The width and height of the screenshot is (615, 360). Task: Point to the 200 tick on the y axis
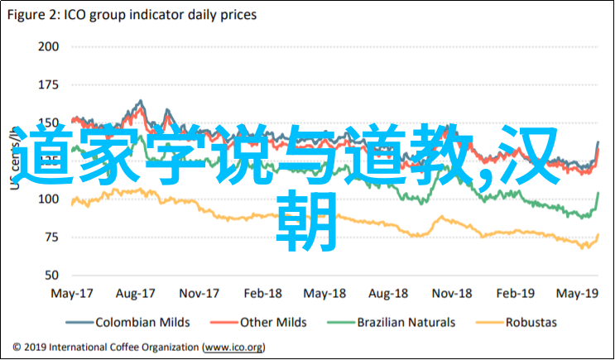click(49, 46)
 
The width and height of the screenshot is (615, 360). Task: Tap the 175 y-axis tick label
click(49, 84)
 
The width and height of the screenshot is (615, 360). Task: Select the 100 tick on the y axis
click(49, 199)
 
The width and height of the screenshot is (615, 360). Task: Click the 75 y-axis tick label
click(51, 238)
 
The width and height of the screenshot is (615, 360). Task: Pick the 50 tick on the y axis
click(51, 276)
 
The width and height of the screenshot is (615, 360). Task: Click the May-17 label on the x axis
click(72, 294)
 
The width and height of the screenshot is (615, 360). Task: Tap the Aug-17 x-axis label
click(137, 294)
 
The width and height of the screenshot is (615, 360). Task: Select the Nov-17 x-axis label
click(199, 294)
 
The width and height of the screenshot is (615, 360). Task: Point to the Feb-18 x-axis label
click(264, 294)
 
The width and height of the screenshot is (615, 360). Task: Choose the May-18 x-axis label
click(324, 294)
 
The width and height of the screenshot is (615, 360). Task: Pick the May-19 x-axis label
click(577, 294)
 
